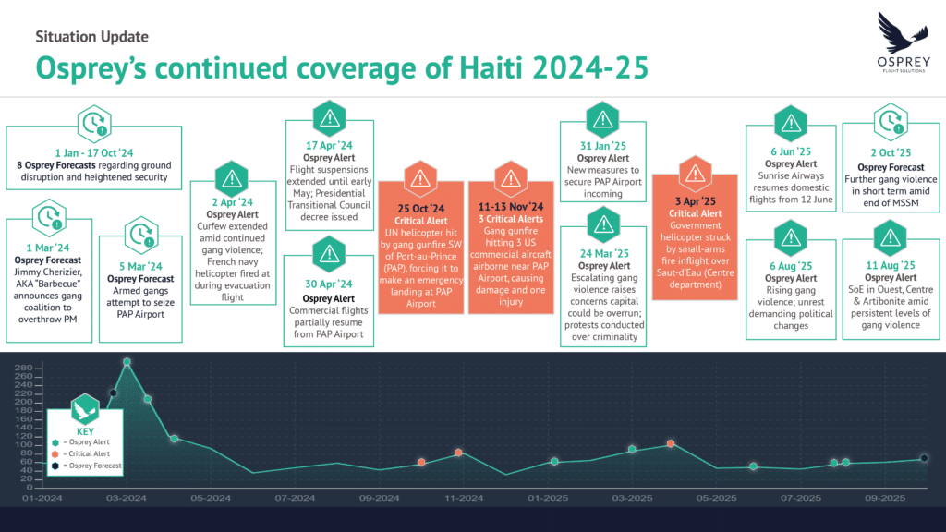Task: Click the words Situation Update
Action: (91, 37)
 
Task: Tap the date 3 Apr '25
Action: (694, 200)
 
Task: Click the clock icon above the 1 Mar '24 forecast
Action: (45, 219)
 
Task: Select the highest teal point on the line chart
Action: (127, 362)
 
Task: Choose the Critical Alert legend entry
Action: (91, 453)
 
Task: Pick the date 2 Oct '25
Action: (890, 152)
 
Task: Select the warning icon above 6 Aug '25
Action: (789, 237)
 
